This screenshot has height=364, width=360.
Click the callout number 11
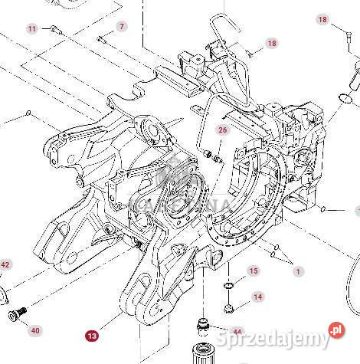tap(31, 29)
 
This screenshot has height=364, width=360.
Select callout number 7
tap(122, 27)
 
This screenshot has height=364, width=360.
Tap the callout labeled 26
tap(222, 130)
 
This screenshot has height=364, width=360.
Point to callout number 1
tap(299, 271)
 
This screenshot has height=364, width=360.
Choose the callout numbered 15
tap(254, 271)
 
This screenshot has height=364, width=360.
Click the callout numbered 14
tap(257, 296)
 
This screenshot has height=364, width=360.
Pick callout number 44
tap(237, 332)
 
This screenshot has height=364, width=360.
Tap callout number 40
tap(35, 330)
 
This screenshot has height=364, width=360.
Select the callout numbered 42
tap(5, 265)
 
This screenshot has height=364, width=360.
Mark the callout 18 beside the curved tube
tap(271, 44)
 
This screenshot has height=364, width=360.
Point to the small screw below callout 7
tap(101, 38)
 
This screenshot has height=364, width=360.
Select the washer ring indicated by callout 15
tap(228, 285)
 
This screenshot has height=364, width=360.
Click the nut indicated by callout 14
tap(230, 310)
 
